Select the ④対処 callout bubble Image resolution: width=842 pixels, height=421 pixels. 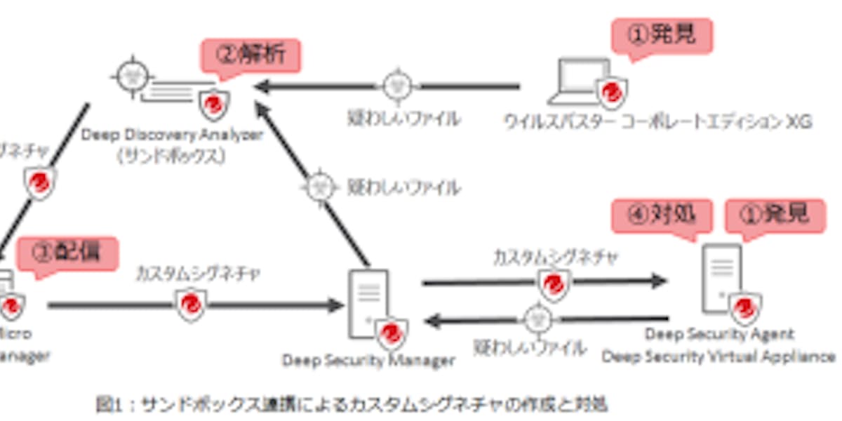pos(662,215)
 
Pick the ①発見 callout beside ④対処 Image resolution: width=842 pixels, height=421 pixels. pos(774,215)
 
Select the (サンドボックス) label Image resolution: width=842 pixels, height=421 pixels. pos(171,156)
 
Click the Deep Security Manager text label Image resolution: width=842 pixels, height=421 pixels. pos(368,361)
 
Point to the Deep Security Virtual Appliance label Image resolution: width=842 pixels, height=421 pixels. pos(719,356)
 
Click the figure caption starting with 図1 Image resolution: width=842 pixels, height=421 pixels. pos(351,404)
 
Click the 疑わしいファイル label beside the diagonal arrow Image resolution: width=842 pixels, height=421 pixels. pos(404,188)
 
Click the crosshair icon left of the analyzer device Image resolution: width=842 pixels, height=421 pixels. pos(133,75)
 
